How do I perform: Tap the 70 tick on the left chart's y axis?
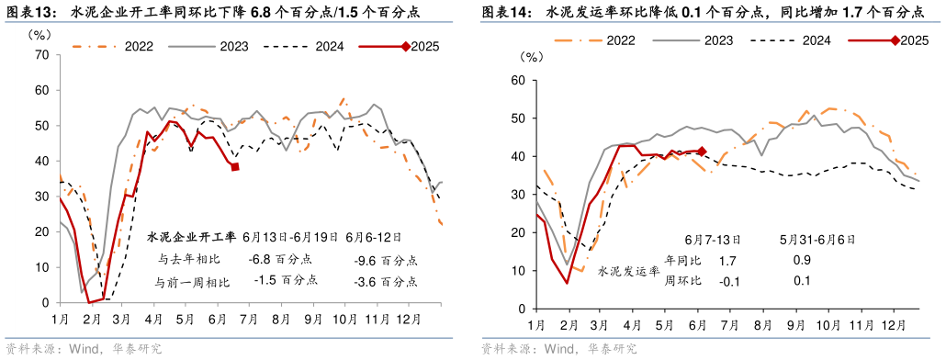pos(41,54)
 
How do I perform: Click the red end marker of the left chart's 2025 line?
pos(235,167)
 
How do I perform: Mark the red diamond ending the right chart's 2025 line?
pos(702,152)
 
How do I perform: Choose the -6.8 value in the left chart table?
pos(266,260)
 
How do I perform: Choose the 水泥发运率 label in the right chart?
pos(627,272)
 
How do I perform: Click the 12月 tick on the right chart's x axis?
pos(890,325)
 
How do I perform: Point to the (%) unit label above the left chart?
pos(43,34)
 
